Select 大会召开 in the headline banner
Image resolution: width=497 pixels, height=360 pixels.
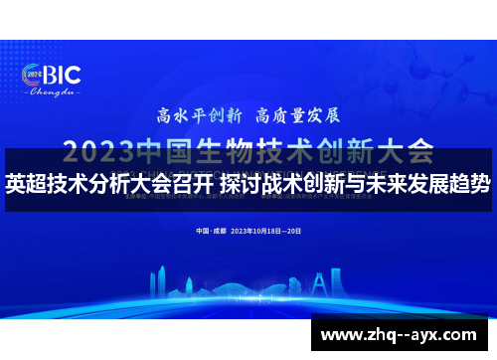169,184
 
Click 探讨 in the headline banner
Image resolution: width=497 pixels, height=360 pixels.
240,184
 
